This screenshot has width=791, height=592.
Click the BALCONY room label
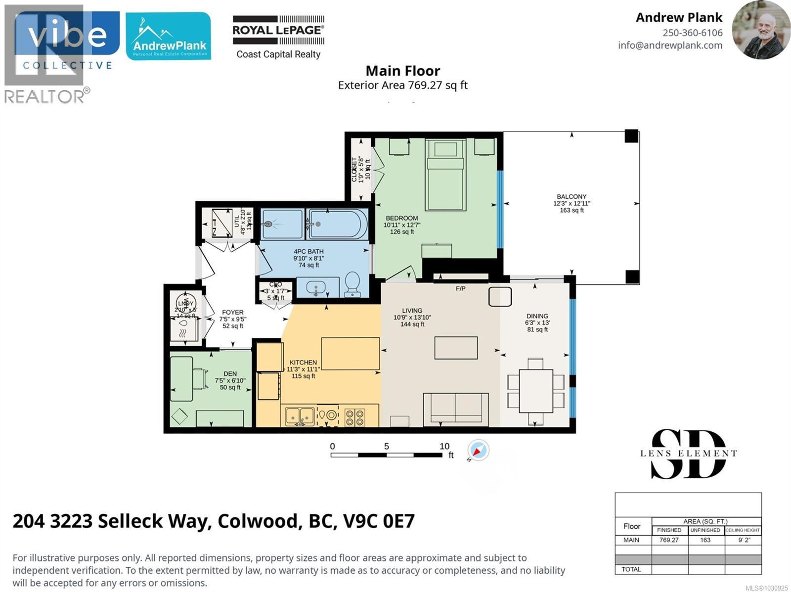pos(571,196)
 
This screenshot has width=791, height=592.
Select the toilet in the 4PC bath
pos(352,284)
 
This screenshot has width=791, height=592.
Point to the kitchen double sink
pos(300,416)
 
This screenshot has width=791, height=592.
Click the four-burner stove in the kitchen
pos(354,417)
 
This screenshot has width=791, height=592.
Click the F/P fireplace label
pos(460,288)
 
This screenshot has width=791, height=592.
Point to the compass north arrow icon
pos(478,451)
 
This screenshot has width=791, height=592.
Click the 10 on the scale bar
pos(444,446)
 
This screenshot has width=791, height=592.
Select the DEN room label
pos(230,373)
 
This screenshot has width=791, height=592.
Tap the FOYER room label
pos(232,312)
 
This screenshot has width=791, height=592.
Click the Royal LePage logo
pos(278,37)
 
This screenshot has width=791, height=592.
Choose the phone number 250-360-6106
pos(692,33)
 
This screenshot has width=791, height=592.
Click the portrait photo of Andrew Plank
pos(760,30)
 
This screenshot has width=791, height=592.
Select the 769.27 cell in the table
pos(668,540)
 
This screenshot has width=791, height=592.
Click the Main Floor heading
pos(402,71)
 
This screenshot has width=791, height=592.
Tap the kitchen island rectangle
pos(350,354)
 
